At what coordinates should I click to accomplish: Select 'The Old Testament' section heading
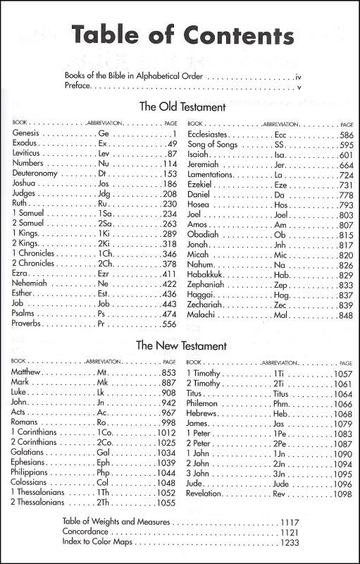[x=182, y=107]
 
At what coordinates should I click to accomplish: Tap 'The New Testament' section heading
[x=181, y=346]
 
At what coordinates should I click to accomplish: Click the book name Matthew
[x=27, y=372]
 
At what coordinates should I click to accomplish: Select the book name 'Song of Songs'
[x=215, y=144]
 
